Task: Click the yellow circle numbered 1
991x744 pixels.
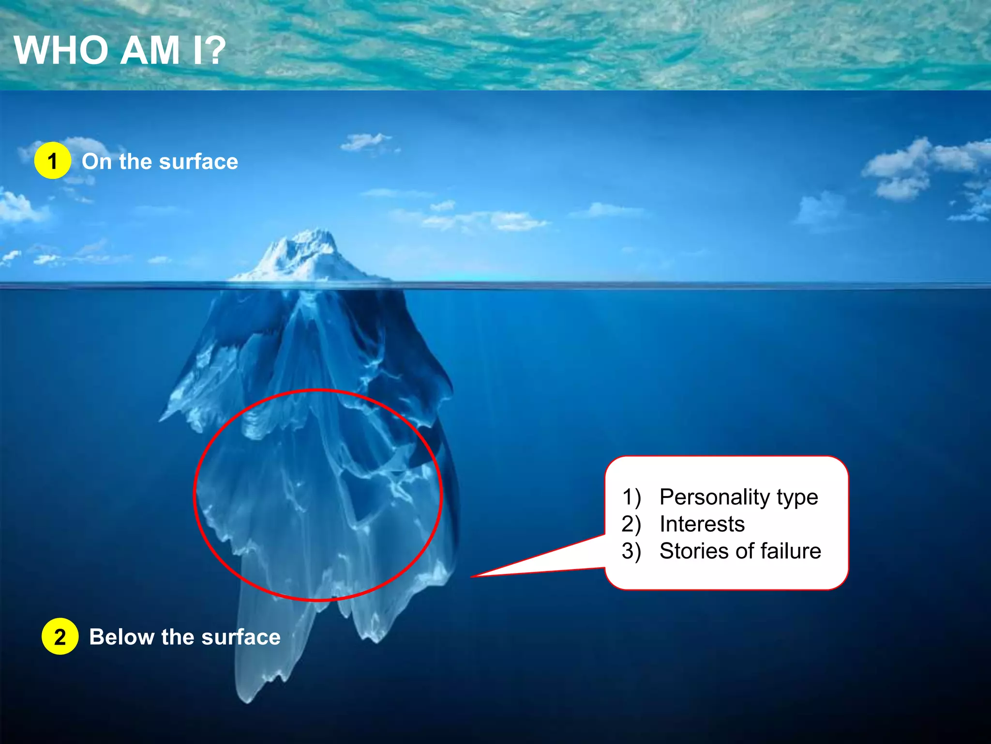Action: pyautogui.click(x=53, y=161)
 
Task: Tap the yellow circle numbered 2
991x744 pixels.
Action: pyautogui.click(x=60, y=636)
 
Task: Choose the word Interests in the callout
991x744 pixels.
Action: pyautogui.click(x=702, y=524)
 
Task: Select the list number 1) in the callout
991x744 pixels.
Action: pyautogui.click(x=631, y=497)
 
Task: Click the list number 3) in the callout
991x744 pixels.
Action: pyautogui.click(x=631, y=552)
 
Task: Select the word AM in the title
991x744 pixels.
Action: pyautogui.click(x=150, y=50)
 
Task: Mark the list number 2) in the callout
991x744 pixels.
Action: pyautogui.click(x=631, y=525)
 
